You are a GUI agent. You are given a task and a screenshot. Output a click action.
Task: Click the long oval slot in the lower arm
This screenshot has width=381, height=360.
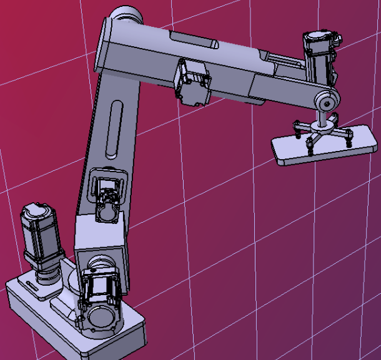click(x=114, y=128)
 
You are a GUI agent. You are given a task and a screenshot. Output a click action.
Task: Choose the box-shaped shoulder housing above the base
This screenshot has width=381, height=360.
click(x=100, y=240)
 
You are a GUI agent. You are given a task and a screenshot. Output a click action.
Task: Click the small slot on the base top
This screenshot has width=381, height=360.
click(x=31, y=286)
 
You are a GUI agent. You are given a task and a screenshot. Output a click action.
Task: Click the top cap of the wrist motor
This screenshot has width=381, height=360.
click(x=319, y=36)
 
